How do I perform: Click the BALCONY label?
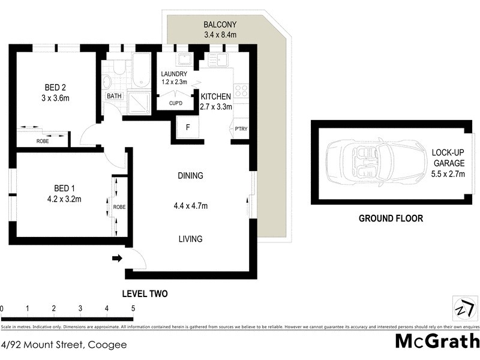pos(220,25)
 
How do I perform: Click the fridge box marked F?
pos(188,128)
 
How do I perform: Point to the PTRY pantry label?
pos(241,129)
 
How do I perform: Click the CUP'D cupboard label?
pos(175,103)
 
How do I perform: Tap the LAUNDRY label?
pos(175,74)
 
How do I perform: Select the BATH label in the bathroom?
pos(113,96)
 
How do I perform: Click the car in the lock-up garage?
pos(367,162)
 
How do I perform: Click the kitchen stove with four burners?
pos(241,91)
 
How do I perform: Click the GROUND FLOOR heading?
pos(391,218)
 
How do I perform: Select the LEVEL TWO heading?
pos(145,294)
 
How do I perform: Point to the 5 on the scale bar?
pos(133,308)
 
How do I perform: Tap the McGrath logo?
pos(437,340)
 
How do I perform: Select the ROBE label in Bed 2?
pos(43,140)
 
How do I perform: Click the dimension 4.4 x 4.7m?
pos(190,206)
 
